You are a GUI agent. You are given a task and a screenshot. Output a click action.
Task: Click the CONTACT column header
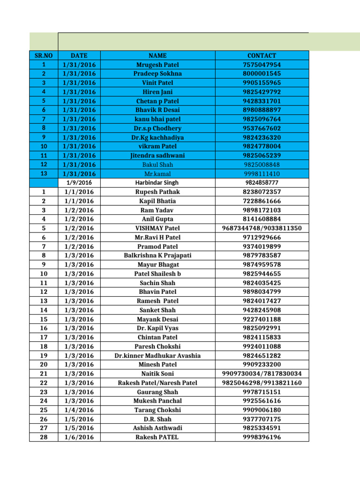262,55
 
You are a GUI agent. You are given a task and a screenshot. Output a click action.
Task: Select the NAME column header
157,55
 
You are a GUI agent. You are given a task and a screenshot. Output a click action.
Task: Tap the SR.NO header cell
43,55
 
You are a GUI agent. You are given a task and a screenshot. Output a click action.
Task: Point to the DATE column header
79,55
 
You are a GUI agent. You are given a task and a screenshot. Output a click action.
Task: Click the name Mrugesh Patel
157,65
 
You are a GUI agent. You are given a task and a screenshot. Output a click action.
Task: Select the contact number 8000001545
262,74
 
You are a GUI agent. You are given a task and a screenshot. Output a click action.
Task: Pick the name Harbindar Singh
157,182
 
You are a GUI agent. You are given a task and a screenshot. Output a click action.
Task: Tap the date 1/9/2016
79,182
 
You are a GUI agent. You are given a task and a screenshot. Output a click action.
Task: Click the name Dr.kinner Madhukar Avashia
157,355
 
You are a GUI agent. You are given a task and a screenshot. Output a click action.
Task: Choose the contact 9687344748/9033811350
262,228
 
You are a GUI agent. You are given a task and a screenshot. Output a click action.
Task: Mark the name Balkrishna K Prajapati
157,255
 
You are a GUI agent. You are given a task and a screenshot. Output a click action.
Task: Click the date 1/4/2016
79,410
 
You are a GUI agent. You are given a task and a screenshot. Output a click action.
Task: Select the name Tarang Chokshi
157,410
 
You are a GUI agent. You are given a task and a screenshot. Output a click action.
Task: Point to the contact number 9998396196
262,437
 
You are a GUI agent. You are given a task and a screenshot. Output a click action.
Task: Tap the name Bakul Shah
157,165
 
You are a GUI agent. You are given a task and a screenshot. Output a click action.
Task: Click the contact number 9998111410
262,173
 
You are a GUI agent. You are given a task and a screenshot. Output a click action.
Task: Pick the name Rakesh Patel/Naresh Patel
157,383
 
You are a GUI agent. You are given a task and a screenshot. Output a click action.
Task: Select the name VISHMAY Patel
157,228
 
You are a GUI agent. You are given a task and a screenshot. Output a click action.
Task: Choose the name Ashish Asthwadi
157,428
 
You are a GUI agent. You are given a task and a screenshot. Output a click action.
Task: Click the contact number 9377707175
262,419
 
